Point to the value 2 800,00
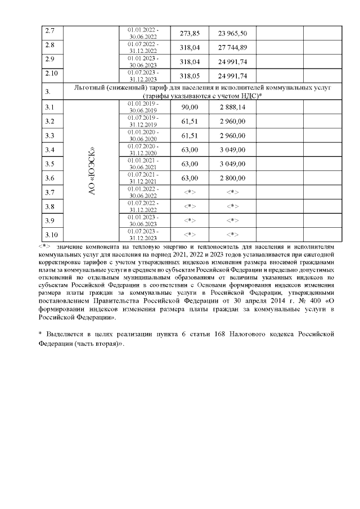point(232,178)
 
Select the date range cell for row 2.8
point(143,47)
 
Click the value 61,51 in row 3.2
point(189,121)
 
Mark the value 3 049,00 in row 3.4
point(232,150)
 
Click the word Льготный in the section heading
point(93,88)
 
